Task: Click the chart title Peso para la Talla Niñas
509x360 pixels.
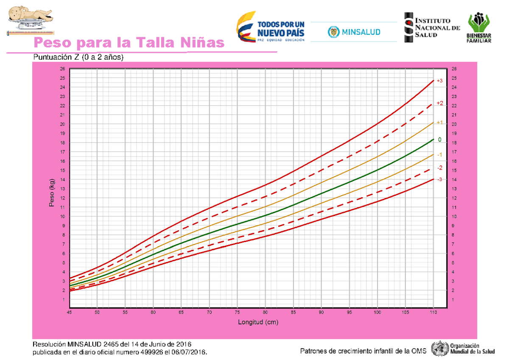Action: pos(129,43)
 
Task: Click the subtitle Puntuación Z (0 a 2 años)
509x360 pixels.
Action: pos(78,57)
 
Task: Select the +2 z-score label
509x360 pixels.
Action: pos(439,103)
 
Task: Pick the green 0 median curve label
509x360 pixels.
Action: pos(439,140)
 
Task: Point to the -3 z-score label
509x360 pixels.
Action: pos(439,179)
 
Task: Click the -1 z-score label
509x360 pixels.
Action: pos(439,154)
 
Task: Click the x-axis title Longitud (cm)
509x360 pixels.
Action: pos(258,322)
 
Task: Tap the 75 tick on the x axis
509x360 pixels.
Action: pos(237,313)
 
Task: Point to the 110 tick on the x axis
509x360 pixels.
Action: pos(433,313)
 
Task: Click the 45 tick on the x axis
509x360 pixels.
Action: pos(70,313)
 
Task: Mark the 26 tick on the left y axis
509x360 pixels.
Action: pos(63,69)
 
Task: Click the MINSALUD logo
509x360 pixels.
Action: pos(354,32)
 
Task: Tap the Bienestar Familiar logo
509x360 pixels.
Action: pos(479,28)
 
